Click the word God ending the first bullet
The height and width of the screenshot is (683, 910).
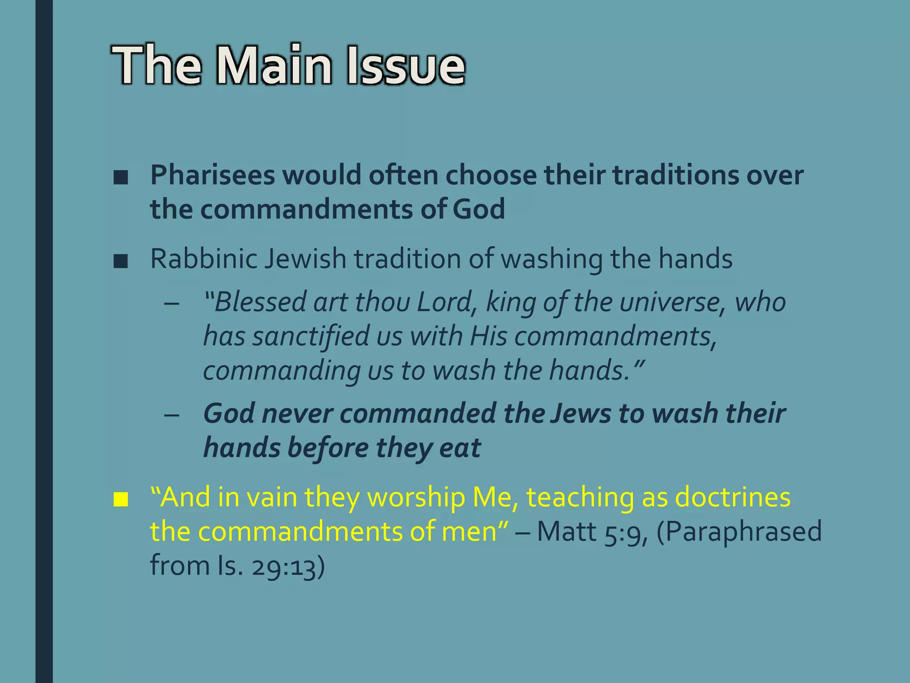click(x=479, y=209)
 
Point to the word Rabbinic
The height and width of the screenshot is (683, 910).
click(x=204, y=259)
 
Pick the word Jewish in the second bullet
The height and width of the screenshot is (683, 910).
click(x=305, y=259)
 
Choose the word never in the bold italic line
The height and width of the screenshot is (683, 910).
click(x=297, y=414)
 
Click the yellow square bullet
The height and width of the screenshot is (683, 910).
click(x=120, y=500)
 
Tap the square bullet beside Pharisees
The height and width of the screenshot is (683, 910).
click(x=120, y=178)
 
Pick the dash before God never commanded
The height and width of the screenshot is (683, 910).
click(x=172, y=415)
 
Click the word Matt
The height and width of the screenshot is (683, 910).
click(x=567, y=531)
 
